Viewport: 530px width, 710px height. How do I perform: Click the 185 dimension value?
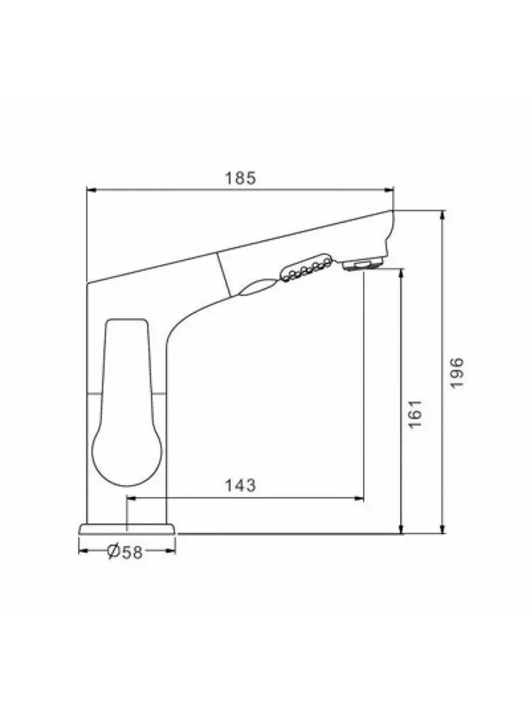(x=241, y=177)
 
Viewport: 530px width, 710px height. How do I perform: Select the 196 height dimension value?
(x=457, y=372)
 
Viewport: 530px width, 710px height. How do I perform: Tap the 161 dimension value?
(x=415, y=413)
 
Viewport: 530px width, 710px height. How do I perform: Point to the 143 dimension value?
(x=241, y=485)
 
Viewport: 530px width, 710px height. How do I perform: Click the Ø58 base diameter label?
(x=125, y=551)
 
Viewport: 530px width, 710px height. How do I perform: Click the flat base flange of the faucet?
(x=127, y=529)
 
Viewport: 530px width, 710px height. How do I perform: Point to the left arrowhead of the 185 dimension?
(x=92, y=190)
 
